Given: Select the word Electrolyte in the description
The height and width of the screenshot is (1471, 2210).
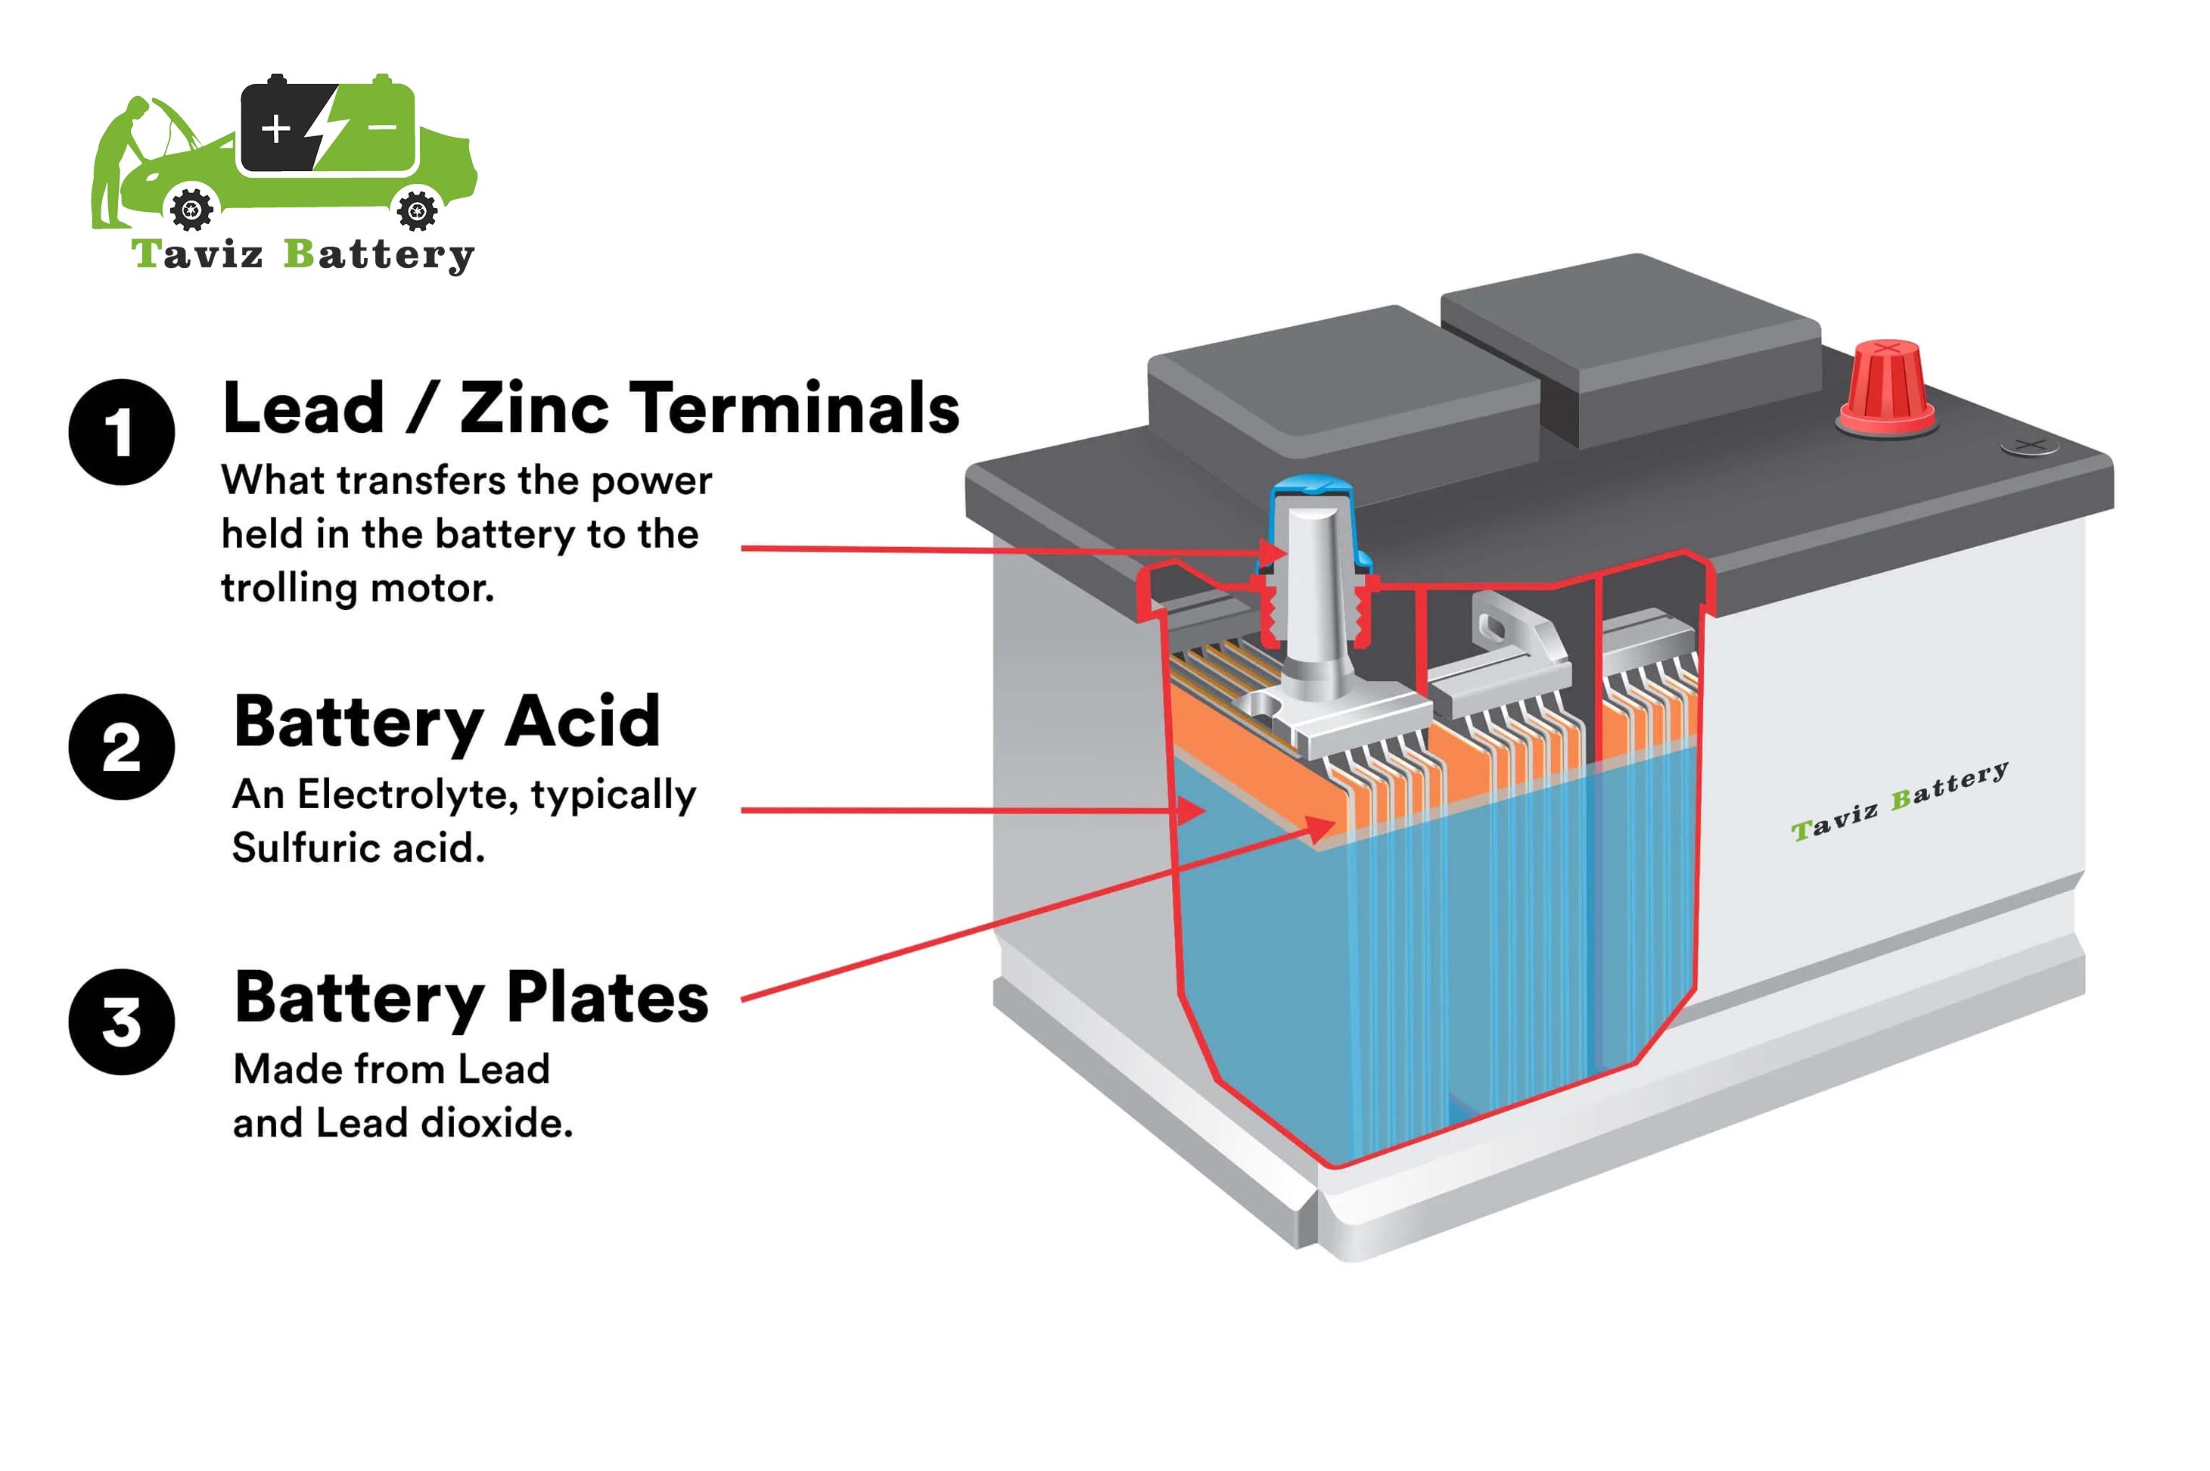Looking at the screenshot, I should [407, 795].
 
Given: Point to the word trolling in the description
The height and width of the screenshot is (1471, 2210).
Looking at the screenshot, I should [289, 588].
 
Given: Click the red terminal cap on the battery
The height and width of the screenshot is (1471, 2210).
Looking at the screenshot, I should [1885, 387].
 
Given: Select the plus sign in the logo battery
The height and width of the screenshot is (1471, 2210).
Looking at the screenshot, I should [276, 128].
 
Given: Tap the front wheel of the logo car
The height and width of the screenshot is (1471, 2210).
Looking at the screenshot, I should [192, 208].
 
